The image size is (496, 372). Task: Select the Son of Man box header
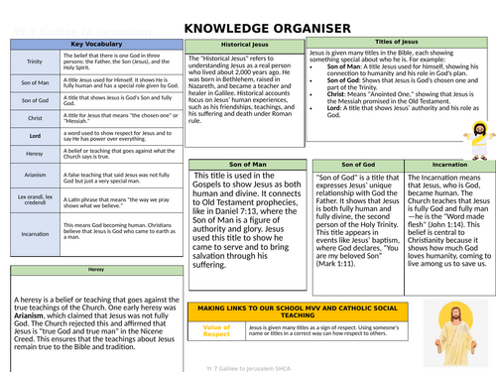[246, 162]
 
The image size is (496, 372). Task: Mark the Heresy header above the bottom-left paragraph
[95, 269]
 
